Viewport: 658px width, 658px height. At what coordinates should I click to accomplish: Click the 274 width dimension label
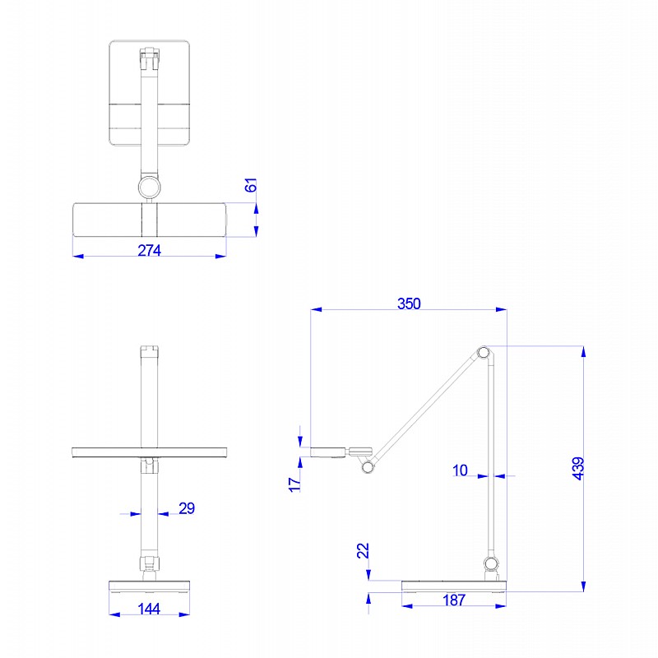click(150, 251)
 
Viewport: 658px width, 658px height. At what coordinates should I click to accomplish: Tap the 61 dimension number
click(251, 185)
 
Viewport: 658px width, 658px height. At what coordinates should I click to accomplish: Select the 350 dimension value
click(409, 304)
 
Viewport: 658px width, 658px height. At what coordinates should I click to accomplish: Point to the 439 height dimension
click(578, 468)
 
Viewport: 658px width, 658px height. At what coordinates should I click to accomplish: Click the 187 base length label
click(454, 600)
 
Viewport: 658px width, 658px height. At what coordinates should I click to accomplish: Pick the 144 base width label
click(149, 609)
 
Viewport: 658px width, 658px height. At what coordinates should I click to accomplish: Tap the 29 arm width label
click(187, 508)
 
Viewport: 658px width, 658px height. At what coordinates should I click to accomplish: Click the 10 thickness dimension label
click(460, 470)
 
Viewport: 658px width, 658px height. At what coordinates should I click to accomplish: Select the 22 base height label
click(363, 550)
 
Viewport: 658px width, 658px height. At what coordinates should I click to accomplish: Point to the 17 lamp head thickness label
click(294, 484)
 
